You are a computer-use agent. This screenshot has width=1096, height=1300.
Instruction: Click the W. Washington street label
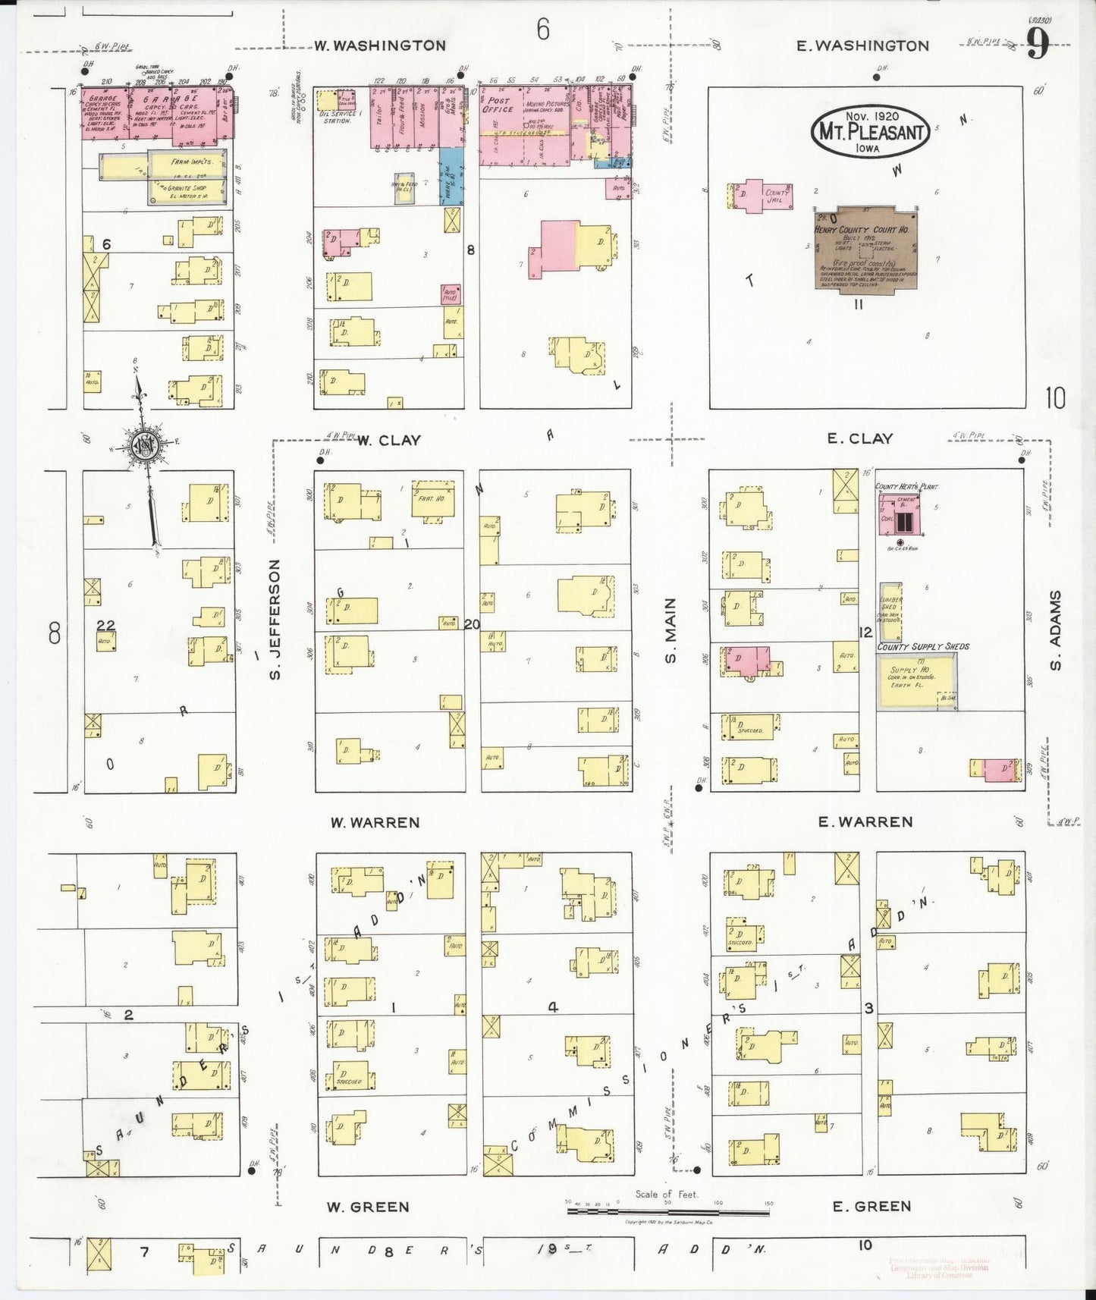click(x=380, y=46)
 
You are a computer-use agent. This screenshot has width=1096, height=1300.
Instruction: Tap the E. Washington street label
click(x=862, y=46)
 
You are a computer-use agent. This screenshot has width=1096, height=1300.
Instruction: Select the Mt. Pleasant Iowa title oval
click(x=871, y=131)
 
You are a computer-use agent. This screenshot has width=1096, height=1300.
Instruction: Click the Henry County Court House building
click(x=866, y=247)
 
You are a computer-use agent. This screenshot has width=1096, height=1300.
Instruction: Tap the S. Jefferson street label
click(x=275, y=619)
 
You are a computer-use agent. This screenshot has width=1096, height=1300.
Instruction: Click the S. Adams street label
click(x=1056, y=630)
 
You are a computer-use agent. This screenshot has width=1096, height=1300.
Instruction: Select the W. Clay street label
click(x=388, y=440)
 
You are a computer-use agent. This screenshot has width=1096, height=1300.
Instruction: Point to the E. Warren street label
click(x=865, y=821)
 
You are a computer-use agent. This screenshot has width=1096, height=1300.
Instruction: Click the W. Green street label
click(x=368, y=1206)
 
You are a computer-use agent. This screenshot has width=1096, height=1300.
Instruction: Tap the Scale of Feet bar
click(x=668, y=1211)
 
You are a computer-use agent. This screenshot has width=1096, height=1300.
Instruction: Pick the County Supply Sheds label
click(x=923, y=646)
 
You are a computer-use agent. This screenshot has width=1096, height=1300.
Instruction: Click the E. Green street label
click(x=871, y=1206)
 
